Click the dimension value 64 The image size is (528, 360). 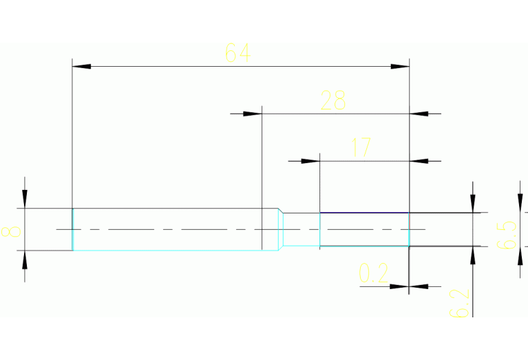click(237, 53)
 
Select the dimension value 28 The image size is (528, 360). click(333, 100)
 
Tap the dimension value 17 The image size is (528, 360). click(361, 147)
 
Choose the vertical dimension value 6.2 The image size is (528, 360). click(461, 303)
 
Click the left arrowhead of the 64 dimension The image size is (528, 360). click(81, 67)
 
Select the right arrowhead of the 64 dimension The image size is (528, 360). click(401, 67)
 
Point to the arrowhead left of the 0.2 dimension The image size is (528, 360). click(400, 285)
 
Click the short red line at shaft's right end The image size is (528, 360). click(410, 221)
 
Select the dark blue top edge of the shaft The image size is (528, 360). click(365, 213)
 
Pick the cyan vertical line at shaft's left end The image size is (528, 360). click(73, 229)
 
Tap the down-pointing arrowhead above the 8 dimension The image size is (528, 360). click(25, 199)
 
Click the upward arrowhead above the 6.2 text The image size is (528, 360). click(473, 255)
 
